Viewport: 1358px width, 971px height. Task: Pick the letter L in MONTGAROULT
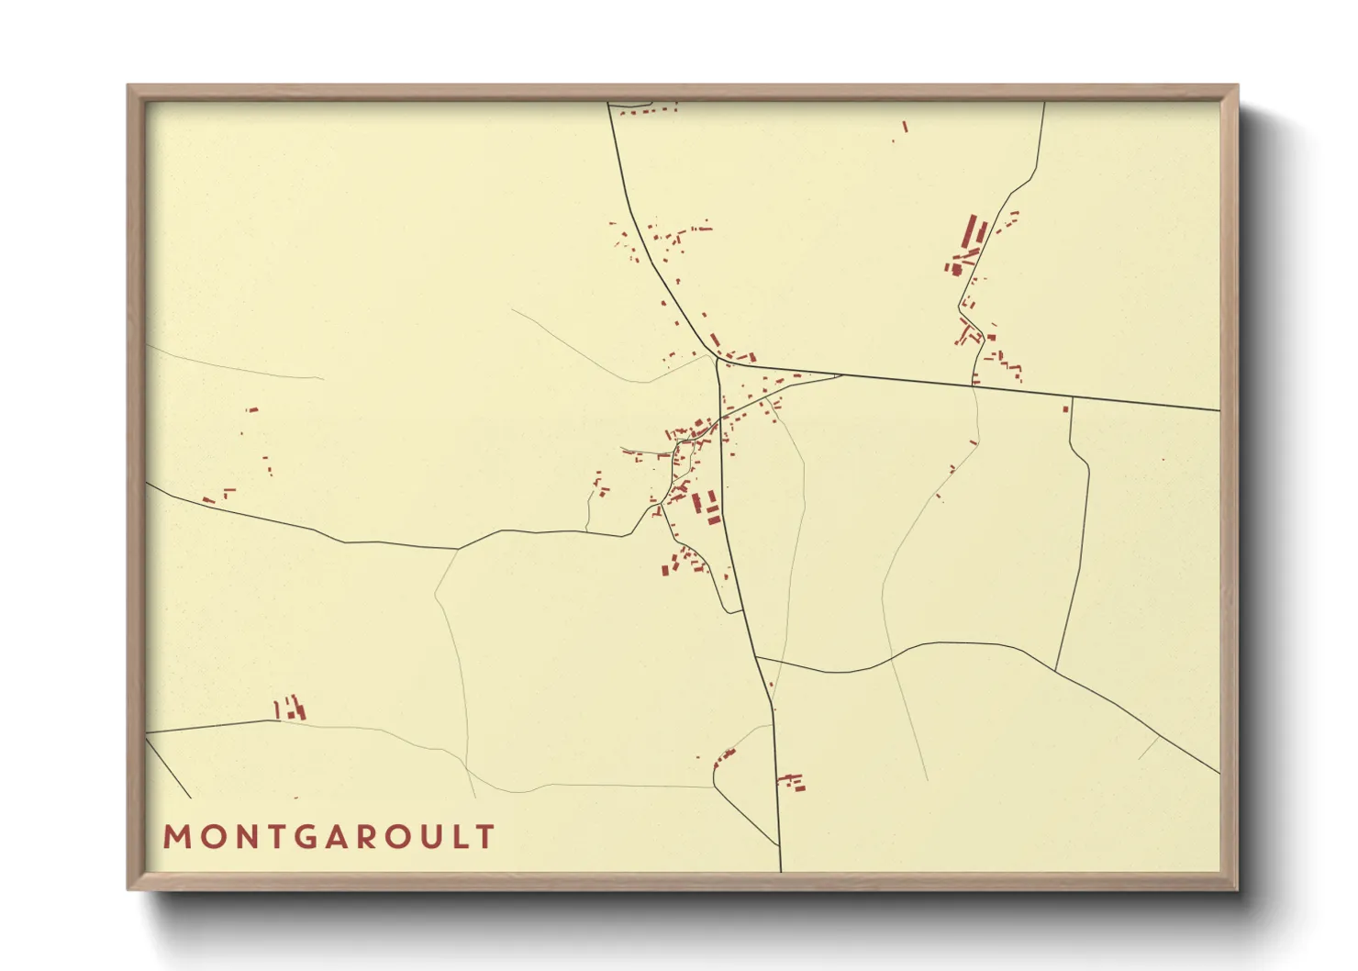[x=458, y=837]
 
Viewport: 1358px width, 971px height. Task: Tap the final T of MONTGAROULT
[x=484, y=837]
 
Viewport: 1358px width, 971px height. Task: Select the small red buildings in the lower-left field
[x=290, y=709]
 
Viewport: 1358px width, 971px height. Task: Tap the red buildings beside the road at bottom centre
[x=793, y=782]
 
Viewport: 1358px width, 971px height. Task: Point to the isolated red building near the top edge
[x=904, y=128]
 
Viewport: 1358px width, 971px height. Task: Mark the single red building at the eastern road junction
[x=1066, y=408]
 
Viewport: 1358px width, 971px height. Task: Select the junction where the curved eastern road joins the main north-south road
[x=757, y=658]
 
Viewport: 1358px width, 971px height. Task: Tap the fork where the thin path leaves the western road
[x=457, y=550]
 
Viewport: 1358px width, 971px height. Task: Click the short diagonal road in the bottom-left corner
[x=168, y=768]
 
